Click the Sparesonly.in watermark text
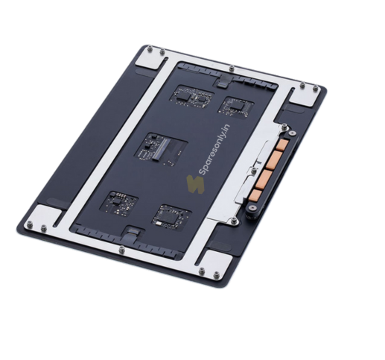(215, 150)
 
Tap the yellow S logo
(196, 184)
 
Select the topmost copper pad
(283, 145)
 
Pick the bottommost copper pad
(256, 195)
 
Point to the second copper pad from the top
(275, 160)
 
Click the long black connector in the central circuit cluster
(161, 149)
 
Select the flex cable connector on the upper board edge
(224, 82)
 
